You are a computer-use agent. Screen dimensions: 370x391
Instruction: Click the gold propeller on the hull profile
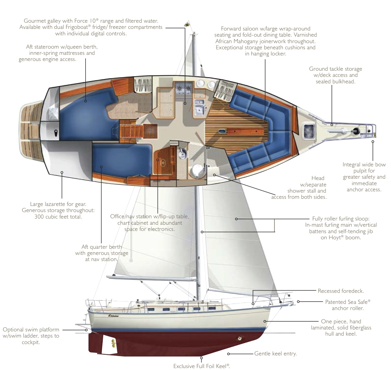pyautogui.click(x=113, y=342)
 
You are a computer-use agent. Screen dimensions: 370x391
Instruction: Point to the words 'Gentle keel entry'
pyautogui.click(x=275, y=353)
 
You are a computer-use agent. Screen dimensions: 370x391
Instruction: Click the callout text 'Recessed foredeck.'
pyautogui.click(x=340, y=291)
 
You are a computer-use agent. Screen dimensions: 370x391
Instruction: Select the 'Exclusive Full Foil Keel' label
pyautogui.click(x=201, y=366)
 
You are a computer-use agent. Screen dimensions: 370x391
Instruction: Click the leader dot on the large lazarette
pyautogui.click(x=62, y=173)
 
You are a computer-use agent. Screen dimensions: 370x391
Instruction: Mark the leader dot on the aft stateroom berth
pyautogui.click(x=86, y=101)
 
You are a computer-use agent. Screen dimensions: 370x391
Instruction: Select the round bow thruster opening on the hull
pyautogui.click(x=240, y=339)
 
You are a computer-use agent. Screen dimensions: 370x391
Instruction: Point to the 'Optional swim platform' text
pyautogui.click(x=31, y=330)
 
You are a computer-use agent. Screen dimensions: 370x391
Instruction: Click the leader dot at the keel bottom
pyautogui.click(x=201, y=358)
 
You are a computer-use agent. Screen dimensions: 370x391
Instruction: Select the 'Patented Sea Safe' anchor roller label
pyautogui.click(x=348, y=302)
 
